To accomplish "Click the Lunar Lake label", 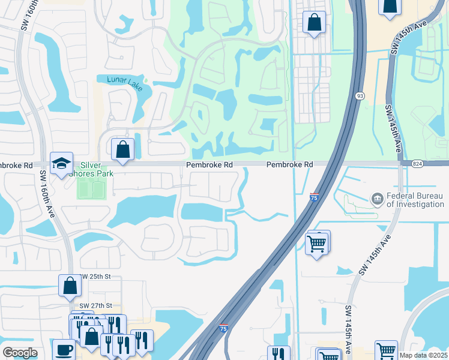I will (124, 83).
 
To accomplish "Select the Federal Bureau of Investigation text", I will (415, 200).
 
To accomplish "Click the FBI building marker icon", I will (377, 198).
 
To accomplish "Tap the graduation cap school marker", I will (61, 164).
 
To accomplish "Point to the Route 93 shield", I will (360, 95).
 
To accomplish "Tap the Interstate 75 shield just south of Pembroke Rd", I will (315, 196).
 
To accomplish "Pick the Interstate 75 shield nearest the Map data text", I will (223, 328).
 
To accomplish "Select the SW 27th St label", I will (95, 305).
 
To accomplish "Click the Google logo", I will (20, 353).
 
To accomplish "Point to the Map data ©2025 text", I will (423, 355).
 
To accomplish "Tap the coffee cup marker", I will (64, 349).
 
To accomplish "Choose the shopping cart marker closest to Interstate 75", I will (317, 243).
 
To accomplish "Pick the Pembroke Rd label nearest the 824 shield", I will (290, 164).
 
